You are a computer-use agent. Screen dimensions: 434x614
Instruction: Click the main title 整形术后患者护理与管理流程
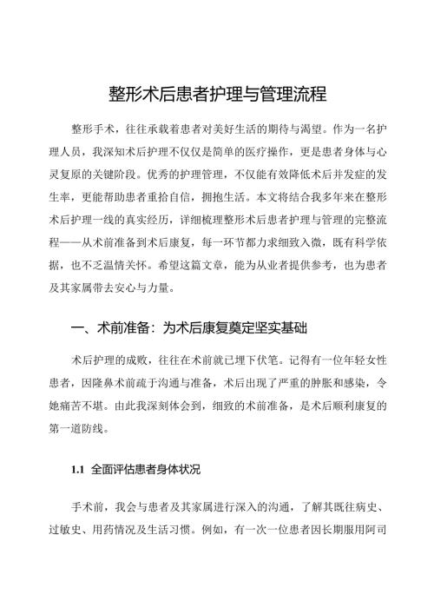point(216,93)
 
